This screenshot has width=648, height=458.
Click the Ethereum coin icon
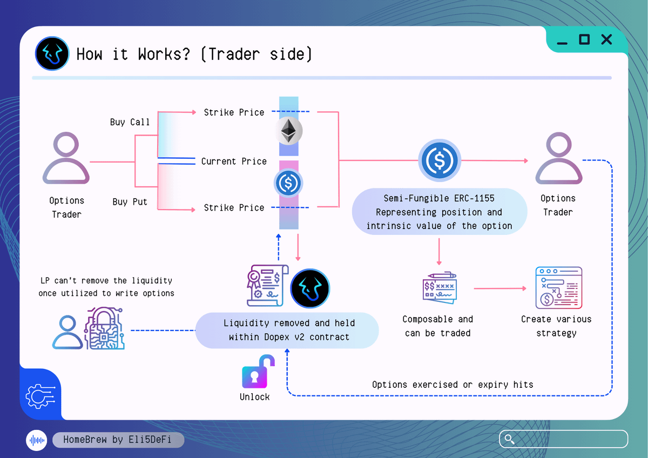[x=289, y=131]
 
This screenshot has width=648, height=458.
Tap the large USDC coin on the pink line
[x=440, y=161]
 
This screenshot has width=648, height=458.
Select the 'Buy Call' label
[x=130, y=122]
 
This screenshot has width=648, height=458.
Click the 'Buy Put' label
[x=130, y=201]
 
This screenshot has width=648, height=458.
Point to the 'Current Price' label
[x=234, y=161]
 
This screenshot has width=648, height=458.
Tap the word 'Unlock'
[x=254, y=397]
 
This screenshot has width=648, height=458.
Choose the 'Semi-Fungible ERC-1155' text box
[x=439, y=212]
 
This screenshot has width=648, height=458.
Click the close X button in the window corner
[x=606, y=39]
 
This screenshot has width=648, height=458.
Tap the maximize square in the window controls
[x=584, y=39]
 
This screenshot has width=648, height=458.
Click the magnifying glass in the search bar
[x=509, y=439]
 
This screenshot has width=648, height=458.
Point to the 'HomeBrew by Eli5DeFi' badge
[x=118, y=440]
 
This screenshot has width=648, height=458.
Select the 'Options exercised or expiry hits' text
[x=453, y=385]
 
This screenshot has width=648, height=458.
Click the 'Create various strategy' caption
[x=556, y=326]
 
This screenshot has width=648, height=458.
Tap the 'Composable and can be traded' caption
[x=438, y=326]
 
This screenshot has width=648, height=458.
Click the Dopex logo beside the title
[x=52, y=54]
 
